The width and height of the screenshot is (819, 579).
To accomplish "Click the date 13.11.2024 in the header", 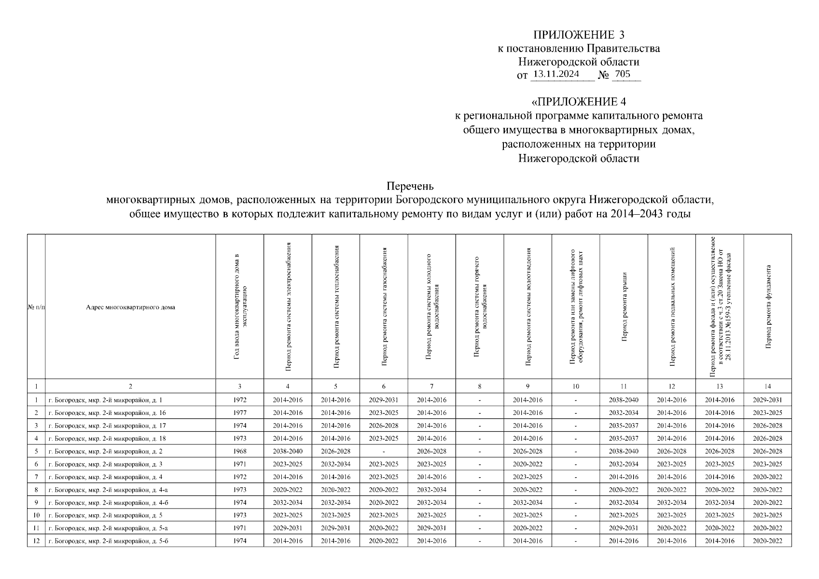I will click(x=556, y=74).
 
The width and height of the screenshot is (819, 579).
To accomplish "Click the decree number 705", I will click(x=623, y=74).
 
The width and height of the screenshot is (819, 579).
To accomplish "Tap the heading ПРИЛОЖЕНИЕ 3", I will click(x=578, y=35).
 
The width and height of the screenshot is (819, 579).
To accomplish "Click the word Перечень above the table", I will click(x=410, y=186).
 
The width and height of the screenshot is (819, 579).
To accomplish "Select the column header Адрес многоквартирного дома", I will click(x=130, y=307).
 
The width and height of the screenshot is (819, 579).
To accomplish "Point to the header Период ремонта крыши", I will click(x=624, y=306).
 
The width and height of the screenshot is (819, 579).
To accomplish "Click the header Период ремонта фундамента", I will click(x=767, y=306).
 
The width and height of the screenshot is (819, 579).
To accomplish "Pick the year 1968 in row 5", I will click(x=239, y=451).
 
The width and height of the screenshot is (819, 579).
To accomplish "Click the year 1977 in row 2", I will click(x=239, y=413).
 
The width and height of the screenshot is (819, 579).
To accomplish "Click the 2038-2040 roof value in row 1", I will click(x=624, y=400).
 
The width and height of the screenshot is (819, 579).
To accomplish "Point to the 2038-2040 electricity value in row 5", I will click(x=288, y=451).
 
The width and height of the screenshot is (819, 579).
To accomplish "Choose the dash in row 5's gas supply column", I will click(x=383, y=452).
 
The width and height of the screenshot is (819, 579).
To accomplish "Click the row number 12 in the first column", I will click(x=36, y=541).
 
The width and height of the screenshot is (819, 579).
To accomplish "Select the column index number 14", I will click(x=767, y=386).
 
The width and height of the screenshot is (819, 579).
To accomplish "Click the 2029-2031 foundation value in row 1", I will click(x=767, y=400).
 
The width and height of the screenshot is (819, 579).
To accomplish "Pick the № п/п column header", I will click(x=36, y=307).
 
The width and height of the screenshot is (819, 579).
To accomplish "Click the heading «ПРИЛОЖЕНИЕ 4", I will click(x=578, y=102).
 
